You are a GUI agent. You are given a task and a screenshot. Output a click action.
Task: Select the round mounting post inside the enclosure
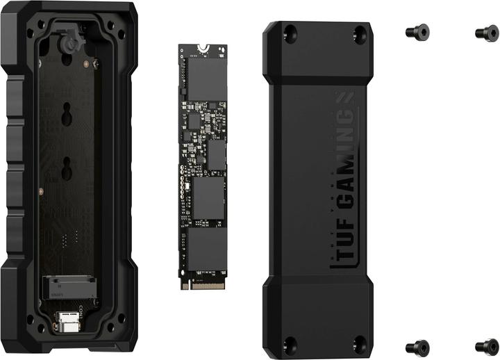[x=68, y=43]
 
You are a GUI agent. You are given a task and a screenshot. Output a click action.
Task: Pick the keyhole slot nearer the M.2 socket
[x=68, y=167]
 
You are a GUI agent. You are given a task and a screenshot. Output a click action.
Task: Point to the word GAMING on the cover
[x=345, y=170]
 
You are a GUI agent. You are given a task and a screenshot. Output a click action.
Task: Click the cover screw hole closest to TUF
[x=359, y=341]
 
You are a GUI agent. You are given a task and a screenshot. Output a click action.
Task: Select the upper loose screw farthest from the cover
[x=486, y=32]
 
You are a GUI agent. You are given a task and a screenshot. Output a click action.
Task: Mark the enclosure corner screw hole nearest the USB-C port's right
[x=121, y=319]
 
